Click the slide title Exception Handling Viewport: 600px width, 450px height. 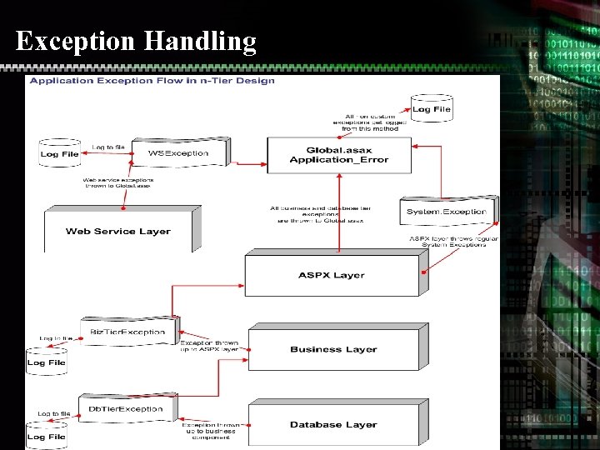[136, 40]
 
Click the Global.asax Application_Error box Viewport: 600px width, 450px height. [338, 155]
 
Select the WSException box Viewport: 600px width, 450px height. [177, 153]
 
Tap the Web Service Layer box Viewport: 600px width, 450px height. [118, 231]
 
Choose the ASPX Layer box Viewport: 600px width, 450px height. [332, 275]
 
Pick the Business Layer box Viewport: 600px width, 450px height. [333, 349]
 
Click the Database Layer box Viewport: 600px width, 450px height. [333, 424]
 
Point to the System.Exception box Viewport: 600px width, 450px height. [446, 212]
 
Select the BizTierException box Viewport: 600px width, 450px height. [127, 332]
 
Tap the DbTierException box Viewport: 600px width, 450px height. [126, 408]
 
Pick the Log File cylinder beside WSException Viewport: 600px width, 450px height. [59, 152]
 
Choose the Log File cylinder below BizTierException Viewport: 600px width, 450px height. [46, 361]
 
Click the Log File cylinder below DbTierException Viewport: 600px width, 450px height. [46, 435]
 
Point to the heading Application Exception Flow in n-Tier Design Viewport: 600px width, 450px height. [152, 81]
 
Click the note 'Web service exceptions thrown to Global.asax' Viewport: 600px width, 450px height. [117, 182]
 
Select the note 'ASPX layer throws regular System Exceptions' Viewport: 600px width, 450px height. [453, 242]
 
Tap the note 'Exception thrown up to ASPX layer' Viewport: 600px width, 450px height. [210, 346]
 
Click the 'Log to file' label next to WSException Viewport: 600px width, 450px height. [108, 147]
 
